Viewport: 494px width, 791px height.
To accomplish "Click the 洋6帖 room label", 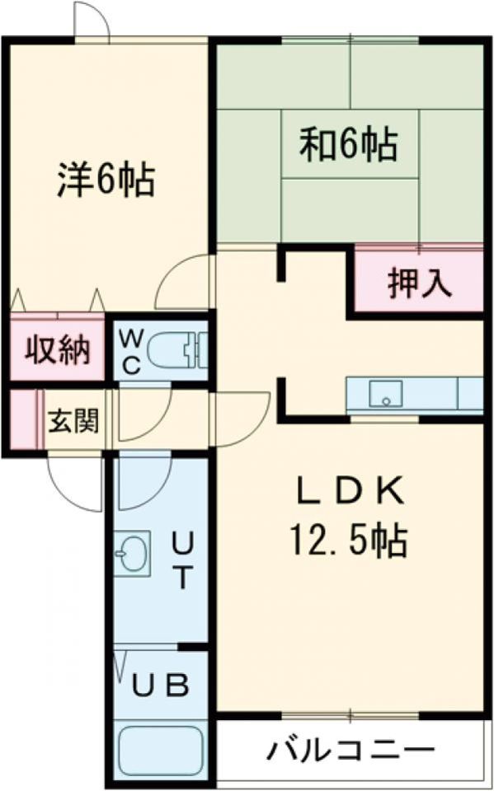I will [106, 180].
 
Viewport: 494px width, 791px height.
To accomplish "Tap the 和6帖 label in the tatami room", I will [349, 145].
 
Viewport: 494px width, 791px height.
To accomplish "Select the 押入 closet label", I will [420, 283].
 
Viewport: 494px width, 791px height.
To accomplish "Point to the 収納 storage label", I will [56, 352].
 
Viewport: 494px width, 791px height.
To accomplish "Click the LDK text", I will [351, 493].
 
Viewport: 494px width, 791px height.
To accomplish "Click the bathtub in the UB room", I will [161, 749].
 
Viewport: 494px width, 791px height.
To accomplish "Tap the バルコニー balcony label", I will [351, 751].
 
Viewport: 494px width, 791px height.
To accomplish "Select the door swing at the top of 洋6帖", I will [92, 20].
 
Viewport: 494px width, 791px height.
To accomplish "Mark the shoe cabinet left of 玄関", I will [25, 419].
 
